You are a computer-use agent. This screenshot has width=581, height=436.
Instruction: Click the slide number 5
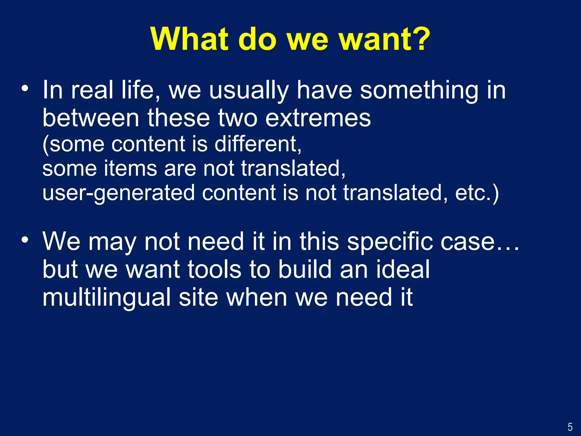tap(570, 427)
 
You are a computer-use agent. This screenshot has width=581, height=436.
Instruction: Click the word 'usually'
tap(249, 91)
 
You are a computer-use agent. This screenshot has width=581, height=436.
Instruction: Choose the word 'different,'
tap(258, 144)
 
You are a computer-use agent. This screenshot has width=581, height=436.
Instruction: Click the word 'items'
tap(130, 168)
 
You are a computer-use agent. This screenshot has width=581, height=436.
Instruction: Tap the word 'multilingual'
tap(106, 297)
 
